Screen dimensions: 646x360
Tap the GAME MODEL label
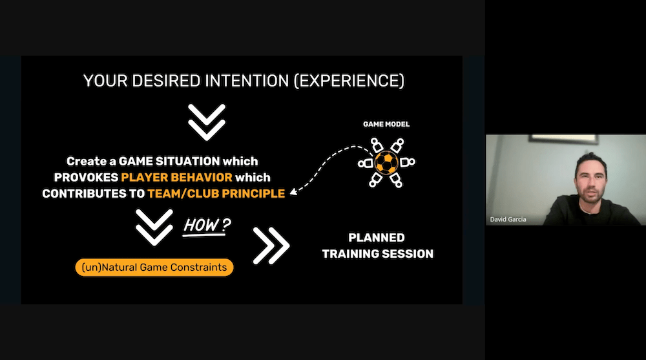click(x=386, y=124)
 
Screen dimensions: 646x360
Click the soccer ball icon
click(x=386, y=162)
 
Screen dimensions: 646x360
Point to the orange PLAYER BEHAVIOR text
click(x=177, y=177)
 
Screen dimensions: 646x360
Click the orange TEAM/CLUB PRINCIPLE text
click(x=216, y=193)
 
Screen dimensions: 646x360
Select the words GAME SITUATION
click(x=169, y=161)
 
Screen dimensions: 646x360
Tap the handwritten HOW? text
click(x=207, y=226)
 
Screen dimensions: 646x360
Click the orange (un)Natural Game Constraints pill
click(x=154, y=267)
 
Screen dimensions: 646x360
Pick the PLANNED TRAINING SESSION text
click(x=377, y=246)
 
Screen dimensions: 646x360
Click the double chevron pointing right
click(x=271, y=246)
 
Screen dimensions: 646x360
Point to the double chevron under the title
click(x=207, y=122)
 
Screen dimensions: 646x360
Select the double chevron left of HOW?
click(x=154, y=228)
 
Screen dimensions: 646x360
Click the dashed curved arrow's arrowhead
click(x=293, y=191)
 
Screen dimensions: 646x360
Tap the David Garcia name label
click(x=508, y=219)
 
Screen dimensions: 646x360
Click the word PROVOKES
click(x=86, y=177)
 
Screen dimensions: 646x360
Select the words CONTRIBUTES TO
click(x=94, y=193)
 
